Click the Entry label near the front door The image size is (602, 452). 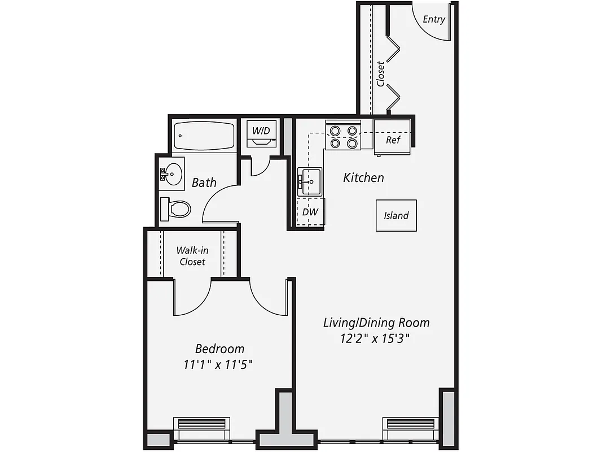coord(434,19)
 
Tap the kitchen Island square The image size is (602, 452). coord(396,215)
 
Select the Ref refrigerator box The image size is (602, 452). coord(393,140)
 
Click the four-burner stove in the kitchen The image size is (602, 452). coord(344,137)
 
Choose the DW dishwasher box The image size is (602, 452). coord(310,212)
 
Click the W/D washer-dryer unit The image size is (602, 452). coord(261,133)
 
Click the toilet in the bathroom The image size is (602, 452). coord(175,209)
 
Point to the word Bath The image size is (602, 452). coord(204,182)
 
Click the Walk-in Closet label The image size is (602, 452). coord(192,256)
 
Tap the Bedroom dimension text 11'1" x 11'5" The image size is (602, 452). coord(218,364)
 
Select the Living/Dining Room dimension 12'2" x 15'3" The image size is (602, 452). coord(374,339)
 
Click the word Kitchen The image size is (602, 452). coord(364,177)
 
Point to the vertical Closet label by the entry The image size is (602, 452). coord(381,73)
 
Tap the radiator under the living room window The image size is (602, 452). coord(410,423)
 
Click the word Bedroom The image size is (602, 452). coord(219,349)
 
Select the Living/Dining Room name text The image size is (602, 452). coord(376,323)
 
